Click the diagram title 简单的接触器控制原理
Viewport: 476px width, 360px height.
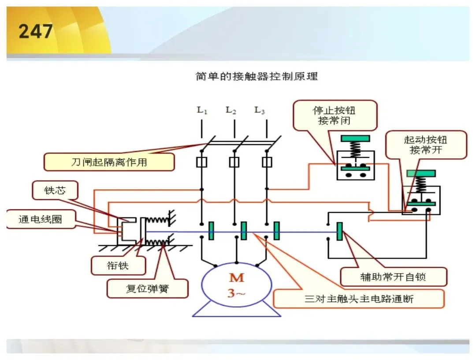click(257, 76)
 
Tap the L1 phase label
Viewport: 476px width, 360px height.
click(202, 110)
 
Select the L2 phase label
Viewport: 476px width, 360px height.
click(231, 110)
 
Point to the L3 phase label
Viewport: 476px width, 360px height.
click(260, 110)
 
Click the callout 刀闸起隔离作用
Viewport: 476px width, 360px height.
click(109, 162)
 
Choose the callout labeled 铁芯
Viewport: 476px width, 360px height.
click(55, 190)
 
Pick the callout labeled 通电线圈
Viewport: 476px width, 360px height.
click(41, 219)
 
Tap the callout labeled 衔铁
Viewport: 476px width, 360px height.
click(118, 266)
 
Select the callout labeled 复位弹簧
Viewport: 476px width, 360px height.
click(147, 288)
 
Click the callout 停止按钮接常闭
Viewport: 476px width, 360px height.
click(334, 115)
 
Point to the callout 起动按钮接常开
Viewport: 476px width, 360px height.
click(426, 145)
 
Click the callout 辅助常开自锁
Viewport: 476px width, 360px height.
click(393, 277)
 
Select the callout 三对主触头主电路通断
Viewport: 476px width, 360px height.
click(359, 299)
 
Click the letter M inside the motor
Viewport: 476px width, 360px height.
click(237, 278)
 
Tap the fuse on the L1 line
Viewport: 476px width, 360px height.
click(201, 162)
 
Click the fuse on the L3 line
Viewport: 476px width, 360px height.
click(267, 162)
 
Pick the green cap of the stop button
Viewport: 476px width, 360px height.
click(355, 138)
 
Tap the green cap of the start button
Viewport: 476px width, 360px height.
click(421, 173)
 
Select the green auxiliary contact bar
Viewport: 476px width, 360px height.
click(340, 231)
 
